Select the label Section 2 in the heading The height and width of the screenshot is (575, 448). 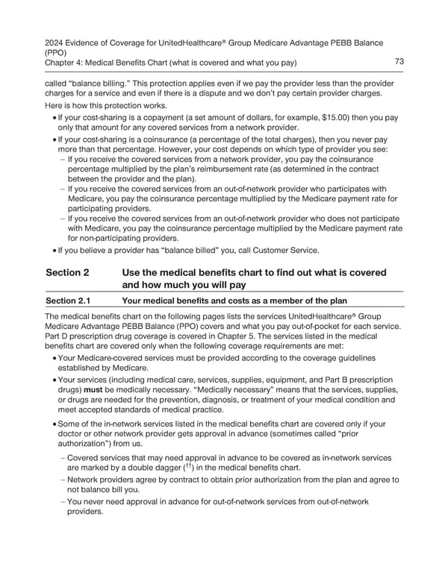68,273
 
